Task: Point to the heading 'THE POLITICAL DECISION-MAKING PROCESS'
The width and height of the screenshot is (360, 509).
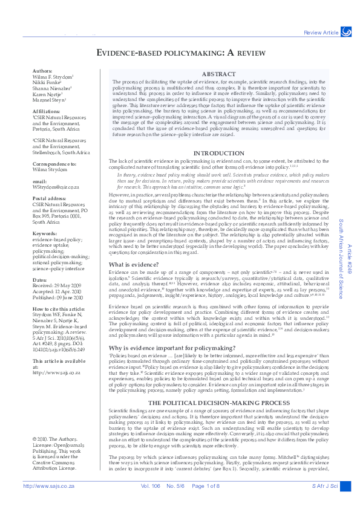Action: [222, 402]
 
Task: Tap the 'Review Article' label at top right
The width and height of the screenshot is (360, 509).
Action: [321, 32]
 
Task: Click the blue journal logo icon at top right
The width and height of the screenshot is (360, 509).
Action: [346, 31]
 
